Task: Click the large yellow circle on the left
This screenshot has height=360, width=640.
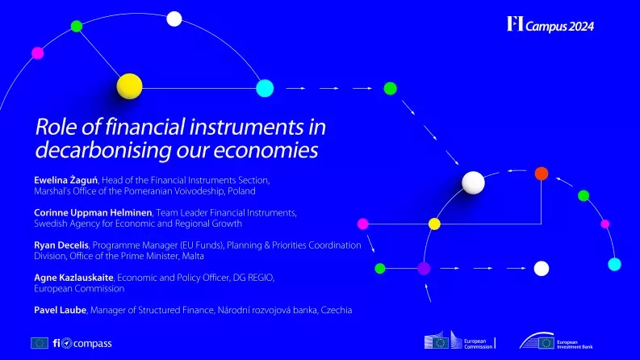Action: pyautogui.click(x=129, y=86)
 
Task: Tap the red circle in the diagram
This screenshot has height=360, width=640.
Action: pyautogui.click(x=542, y=173)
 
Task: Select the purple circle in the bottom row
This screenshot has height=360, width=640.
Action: pyautogui.click(x=424, y=268)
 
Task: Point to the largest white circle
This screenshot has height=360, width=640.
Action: pyautogui.click(x=474, y=183)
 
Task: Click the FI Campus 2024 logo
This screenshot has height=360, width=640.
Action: pyautogui.click(x=550, y=24)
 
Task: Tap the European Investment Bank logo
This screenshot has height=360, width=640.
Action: pyautogui.click(x=548, y=342)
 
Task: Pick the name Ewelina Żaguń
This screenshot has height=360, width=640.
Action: pyautogui.click(x=61, y=179)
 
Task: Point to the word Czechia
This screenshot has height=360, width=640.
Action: pyautogui.click(x=337, y=310)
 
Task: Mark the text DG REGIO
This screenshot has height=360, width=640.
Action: pyautogui.click(x=253, y=278)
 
